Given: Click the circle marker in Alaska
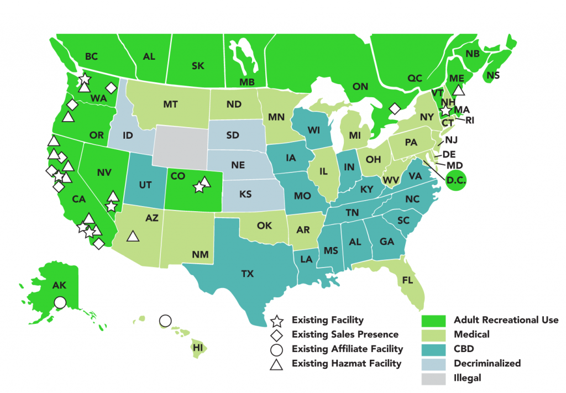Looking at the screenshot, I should (60, 302).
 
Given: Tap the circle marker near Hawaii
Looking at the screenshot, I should (164, 321).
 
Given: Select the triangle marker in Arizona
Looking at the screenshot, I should (132, 237).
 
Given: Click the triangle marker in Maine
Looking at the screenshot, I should (458, 91).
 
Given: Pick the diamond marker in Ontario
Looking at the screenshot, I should (394, 109).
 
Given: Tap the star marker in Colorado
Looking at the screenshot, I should (199, 187).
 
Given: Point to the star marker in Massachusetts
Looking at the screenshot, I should (446, 111).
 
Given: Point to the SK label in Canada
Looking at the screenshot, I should (198, 66).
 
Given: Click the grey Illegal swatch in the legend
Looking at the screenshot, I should (433, 378).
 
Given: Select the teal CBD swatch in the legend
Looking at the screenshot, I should (433, 349).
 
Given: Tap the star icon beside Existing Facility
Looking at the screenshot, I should (277, 320).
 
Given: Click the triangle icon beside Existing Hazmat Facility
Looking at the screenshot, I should (277, 364).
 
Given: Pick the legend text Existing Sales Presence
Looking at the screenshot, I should (345, 334).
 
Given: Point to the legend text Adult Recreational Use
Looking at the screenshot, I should (506, 320).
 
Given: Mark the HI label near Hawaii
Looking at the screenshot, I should (197, 348).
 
